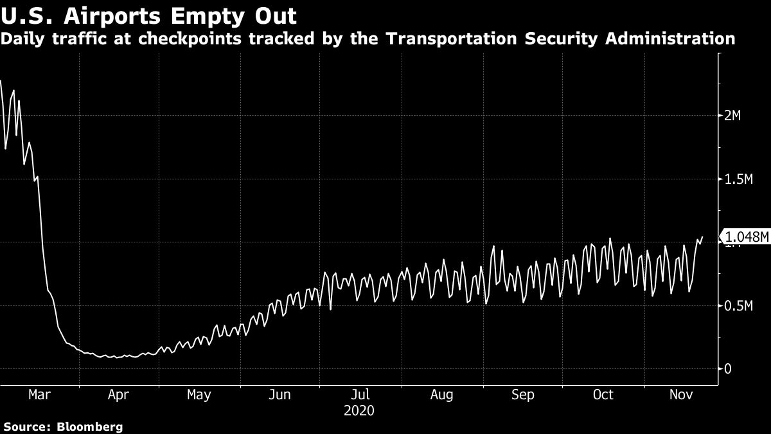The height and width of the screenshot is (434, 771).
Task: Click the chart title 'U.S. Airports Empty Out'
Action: [x=149, y=15]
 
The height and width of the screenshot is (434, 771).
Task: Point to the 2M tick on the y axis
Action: [x=732, y=116]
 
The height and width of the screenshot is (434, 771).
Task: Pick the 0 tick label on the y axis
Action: [x=728, y=369]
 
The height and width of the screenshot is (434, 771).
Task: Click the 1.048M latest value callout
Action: [x=746, y=237]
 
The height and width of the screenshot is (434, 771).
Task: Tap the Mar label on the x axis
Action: [x=39, y=395]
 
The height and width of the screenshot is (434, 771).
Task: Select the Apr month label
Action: [x=119, y=395]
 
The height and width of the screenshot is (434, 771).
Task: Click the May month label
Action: [x=199, y=395]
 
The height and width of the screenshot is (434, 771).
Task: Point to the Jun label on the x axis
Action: [x=280, y=395]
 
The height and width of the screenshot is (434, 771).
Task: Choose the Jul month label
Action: [x=361, y=395]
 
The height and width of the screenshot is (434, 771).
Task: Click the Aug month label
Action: [x=442, y=395]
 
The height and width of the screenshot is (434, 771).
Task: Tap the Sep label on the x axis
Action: [x=523, y=395]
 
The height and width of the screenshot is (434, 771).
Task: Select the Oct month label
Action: [x=603, y=395]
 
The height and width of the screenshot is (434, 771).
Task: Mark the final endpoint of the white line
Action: [x=702, y=237]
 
